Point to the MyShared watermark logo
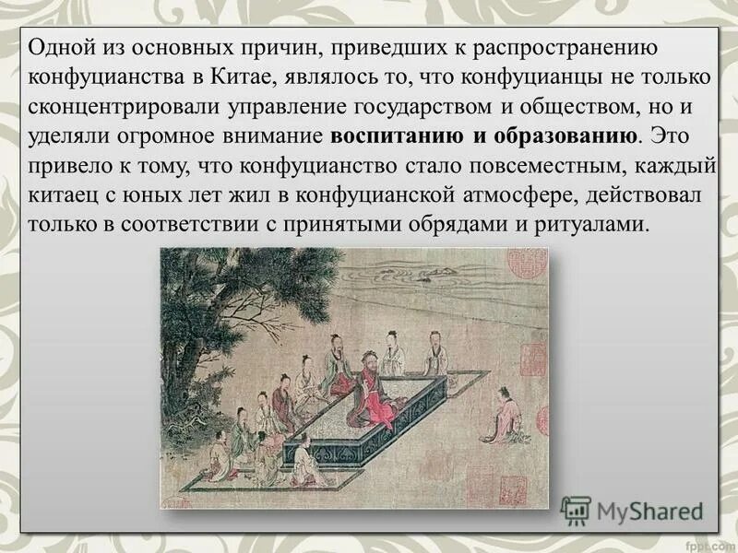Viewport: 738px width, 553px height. tap(633, 511)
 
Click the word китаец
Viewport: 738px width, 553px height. tap(58, 195)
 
